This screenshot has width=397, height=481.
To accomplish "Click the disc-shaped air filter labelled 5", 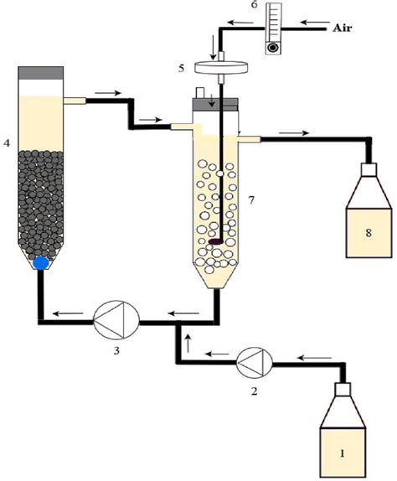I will (215, 67).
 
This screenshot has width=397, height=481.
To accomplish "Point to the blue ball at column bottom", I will (40, 262).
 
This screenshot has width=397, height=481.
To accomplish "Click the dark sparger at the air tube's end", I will (216, 242).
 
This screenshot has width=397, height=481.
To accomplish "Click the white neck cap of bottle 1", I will (342, 390).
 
